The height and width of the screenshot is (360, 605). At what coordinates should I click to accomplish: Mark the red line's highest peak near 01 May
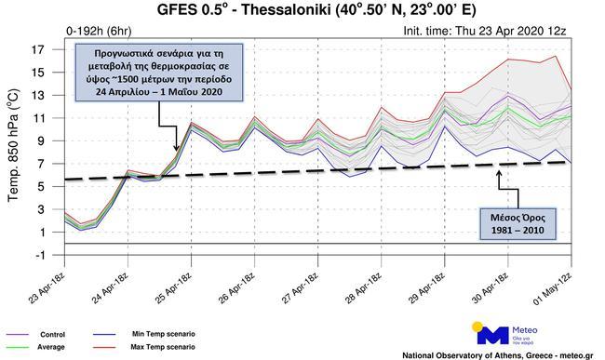(x=583, y=56)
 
